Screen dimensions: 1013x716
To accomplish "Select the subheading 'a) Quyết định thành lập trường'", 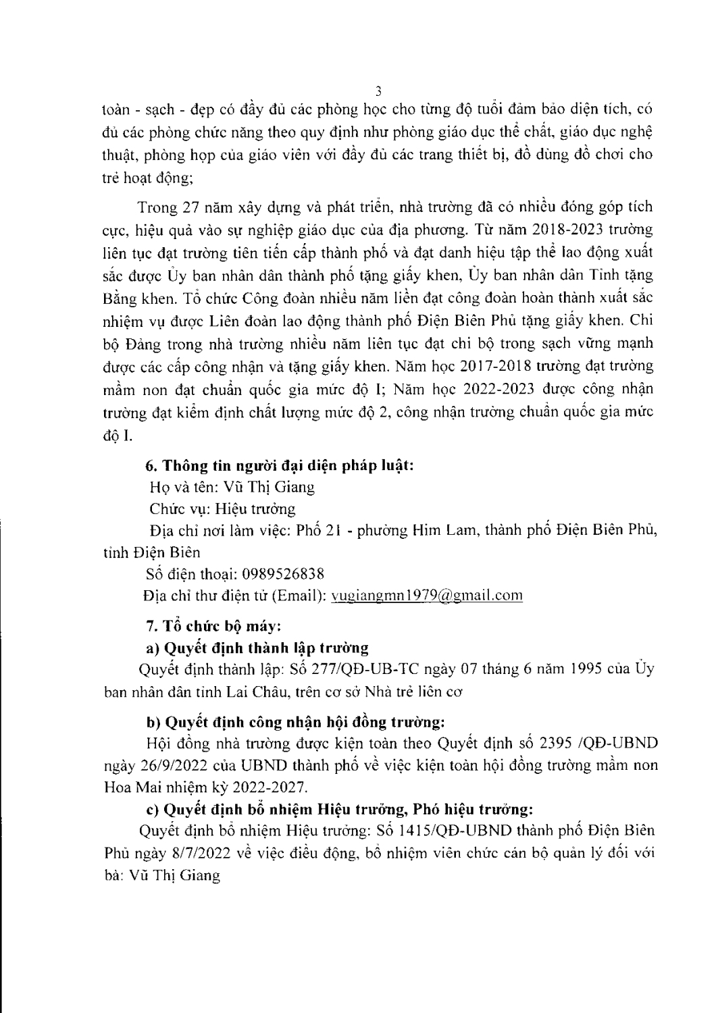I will (x=257, y=648).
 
